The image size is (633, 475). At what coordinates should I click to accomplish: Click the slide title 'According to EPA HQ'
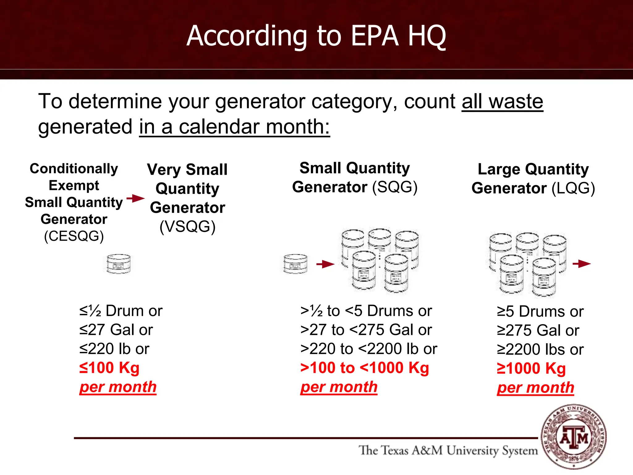coord(316,36)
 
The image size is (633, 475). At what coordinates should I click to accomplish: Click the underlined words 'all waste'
coord(502,101)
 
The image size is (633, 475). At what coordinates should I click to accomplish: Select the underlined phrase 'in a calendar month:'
coord(234,127)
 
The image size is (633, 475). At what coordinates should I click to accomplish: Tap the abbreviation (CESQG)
coord(74,236)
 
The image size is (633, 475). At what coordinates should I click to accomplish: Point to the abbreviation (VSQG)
coord(187,226)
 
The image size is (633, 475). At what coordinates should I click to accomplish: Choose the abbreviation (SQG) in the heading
coord(395,187)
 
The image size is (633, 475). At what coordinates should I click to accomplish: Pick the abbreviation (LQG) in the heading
coord(573,188)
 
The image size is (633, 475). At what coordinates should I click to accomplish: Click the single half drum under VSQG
coord(118,263)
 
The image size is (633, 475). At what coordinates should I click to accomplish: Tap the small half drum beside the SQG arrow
coord(295,264)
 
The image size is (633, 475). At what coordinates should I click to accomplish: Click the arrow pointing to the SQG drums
coord(325,264)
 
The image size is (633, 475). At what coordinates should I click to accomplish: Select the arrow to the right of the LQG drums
coord(581,264)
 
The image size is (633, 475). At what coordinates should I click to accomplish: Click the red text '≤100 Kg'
coord(109,368)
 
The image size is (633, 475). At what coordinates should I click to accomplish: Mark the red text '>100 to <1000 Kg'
coord(365,368)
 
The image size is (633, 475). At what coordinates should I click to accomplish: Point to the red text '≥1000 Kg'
coord(531,369)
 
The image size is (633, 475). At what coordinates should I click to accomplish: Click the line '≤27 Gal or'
coord(116,330)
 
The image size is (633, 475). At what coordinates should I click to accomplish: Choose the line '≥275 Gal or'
coord(538,331)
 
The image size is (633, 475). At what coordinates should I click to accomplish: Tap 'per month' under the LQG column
coord(535,388)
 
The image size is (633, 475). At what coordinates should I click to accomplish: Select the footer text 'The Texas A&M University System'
coord(448,451)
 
